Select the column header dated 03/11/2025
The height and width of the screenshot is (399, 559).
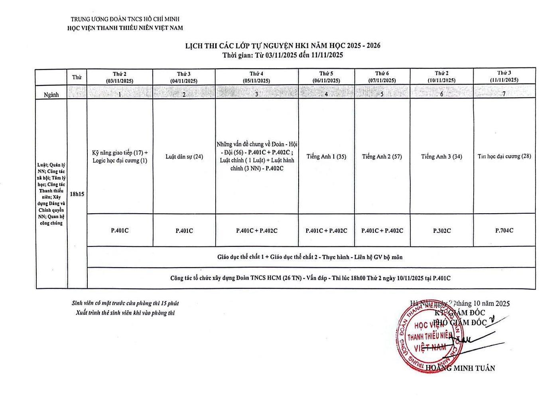[x=120, y=77]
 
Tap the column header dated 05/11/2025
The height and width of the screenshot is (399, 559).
[x=256, y=77]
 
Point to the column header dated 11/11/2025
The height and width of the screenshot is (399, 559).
[x=504, y=76]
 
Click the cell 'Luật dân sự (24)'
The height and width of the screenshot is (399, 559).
[x=184, y=157]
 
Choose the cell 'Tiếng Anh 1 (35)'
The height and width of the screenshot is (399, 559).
[x=326, y=157]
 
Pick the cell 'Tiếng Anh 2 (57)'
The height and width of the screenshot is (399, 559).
[x=382, y=157]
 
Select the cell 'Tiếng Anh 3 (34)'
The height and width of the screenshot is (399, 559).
[x=441, y=157]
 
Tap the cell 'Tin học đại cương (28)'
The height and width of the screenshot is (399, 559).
[x=504, y=156]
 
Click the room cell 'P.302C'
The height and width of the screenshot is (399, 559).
[x=441, y=230]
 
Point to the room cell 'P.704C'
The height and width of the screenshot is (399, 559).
[x=504, y=230]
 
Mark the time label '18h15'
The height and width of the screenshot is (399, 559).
[x=77, y=194]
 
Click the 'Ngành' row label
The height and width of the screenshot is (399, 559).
[x=51, y=95]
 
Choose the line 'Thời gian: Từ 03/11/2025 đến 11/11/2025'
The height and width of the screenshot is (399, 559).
[x=283, y=55]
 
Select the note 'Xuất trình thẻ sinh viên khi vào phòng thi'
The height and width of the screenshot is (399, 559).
[x=125, y=313]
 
